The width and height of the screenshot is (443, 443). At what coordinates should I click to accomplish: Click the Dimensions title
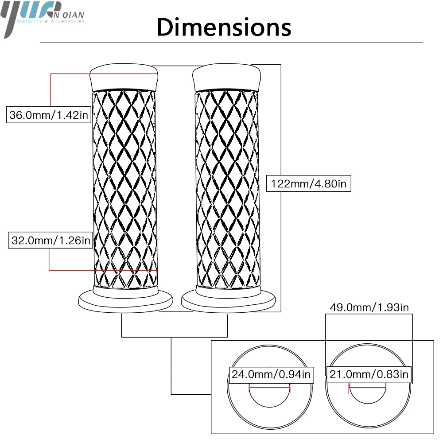[224, 27]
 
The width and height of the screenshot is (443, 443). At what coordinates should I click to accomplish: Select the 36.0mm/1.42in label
[49, 115]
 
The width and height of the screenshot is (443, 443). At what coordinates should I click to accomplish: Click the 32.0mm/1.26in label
[50, 241]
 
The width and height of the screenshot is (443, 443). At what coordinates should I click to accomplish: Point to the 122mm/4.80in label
[309, 183]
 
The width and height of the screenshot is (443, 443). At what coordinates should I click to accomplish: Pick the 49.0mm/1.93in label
[369, 307]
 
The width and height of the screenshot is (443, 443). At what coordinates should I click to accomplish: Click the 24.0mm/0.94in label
[271, 374]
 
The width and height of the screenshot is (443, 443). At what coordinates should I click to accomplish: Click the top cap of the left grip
[124, 77]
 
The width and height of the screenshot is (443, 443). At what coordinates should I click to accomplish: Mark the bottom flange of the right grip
[227, 301]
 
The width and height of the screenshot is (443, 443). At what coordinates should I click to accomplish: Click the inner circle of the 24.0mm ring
[269, 396]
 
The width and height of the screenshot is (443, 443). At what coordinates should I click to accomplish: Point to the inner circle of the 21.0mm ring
[368, 396]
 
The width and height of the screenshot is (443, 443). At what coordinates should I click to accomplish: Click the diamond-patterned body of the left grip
[125, 186]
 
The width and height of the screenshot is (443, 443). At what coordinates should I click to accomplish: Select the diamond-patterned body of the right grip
[227, 186]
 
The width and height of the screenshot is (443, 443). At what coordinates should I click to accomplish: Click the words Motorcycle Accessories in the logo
[50, 21]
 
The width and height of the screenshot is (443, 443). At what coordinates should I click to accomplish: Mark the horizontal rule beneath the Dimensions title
[230, 43]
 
